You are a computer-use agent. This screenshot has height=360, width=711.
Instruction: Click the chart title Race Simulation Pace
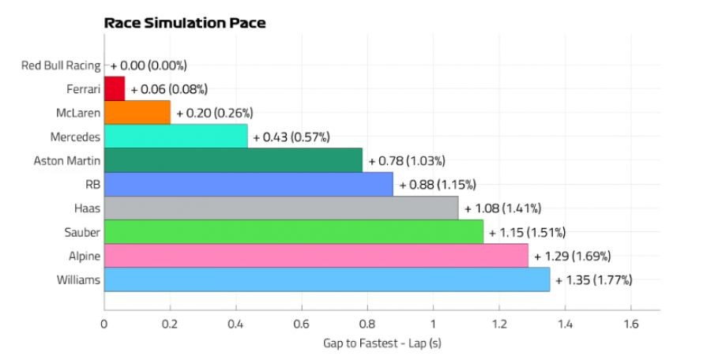tap(185, 23)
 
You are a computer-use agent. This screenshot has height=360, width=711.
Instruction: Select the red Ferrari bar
tap(115, 88)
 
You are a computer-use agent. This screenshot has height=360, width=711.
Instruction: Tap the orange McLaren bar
tap(137, 112)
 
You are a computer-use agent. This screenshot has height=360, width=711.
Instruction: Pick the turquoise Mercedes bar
tap(175, 136)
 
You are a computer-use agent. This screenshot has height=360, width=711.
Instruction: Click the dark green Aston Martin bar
tap(233, 160)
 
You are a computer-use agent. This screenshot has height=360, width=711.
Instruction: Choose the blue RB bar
tap(248, 184)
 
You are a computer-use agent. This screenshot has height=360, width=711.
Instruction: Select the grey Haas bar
tap(280, 208)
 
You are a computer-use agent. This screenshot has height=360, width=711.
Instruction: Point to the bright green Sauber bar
tap(293, 231)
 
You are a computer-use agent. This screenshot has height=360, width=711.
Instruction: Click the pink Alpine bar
tap(316, 256)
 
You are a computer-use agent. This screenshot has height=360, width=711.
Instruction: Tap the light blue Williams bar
tap(326, 279)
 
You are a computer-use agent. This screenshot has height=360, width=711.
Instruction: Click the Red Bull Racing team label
tap(61, 66)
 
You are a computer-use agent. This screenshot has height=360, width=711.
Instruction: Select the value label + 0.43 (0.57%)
tap(291, 137)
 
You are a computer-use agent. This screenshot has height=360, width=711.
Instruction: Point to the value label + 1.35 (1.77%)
tap(593, 280)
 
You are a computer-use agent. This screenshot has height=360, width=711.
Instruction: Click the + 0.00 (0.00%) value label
tap(149, 66)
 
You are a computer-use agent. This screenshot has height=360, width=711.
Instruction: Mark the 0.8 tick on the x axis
tap(367, 324)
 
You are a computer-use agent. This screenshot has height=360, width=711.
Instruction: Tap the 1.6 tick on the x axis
tap(630, 324)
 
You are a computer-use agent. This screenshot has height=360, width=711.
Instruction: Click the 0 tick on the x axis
tap(104, 324)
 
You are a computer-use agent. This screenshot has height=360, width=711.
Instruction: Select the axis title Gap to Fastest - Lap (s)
tap(382, 343)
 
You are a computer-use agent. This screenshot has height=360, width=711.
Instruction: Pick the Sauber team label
tap(83, 232)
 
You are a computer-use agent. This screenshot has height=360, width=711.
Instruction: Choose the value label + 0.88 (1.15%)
tap(437, 185)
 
